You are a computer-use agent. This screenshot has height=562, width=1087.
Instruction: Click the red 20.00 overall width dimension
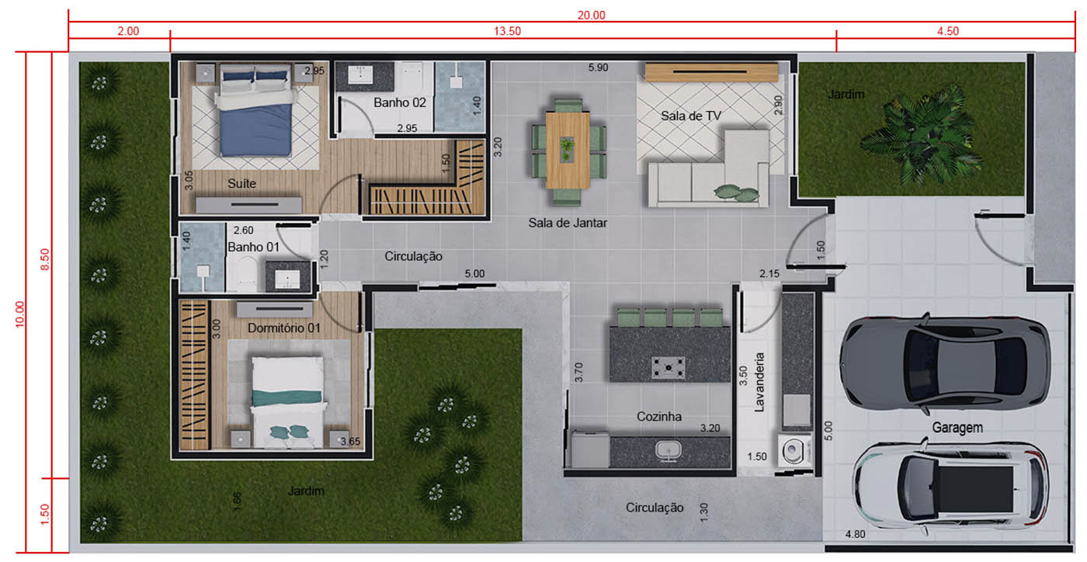(591, 15)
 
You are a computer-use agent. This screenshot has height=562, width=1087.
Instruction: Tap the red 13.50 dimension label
(507, 31)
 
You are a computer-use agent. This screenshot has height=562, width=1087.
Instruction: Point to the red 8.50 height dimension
(45, 259)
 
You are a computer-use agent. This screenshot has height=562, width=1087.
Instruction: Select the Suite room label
(241, 183)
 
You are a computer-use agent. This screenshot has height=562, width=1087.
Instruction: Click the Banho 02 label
(400, 102)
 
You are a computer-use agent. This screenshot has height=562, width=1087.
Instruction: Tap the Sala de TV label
(691, 116)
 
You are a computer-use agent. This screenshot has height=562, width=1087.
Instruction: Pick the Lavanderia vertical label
(759, 383)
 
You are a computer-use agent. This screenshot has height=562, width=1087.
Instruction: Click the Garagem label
(957, 428)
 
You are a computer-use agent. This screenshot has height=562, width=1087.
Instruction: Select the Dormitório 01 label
(284, 328)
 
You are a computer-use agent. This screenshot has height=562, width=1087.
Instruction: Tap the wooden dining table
(568, 151)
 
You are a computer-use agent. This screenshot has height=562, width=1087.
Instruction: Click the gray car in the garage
(945, 363)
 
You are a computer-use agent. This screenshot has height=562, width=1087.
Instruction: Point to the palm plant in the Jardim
(921, 137)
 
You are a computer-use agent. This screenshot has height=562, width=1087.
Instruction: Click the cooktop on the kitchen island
(669, 367)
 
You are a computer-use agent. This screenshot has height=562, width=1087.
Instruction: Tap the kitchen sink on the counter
(669, 451)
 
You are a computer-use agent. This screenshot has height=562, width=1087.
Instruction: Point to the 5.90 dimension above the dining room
(598, 68)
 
